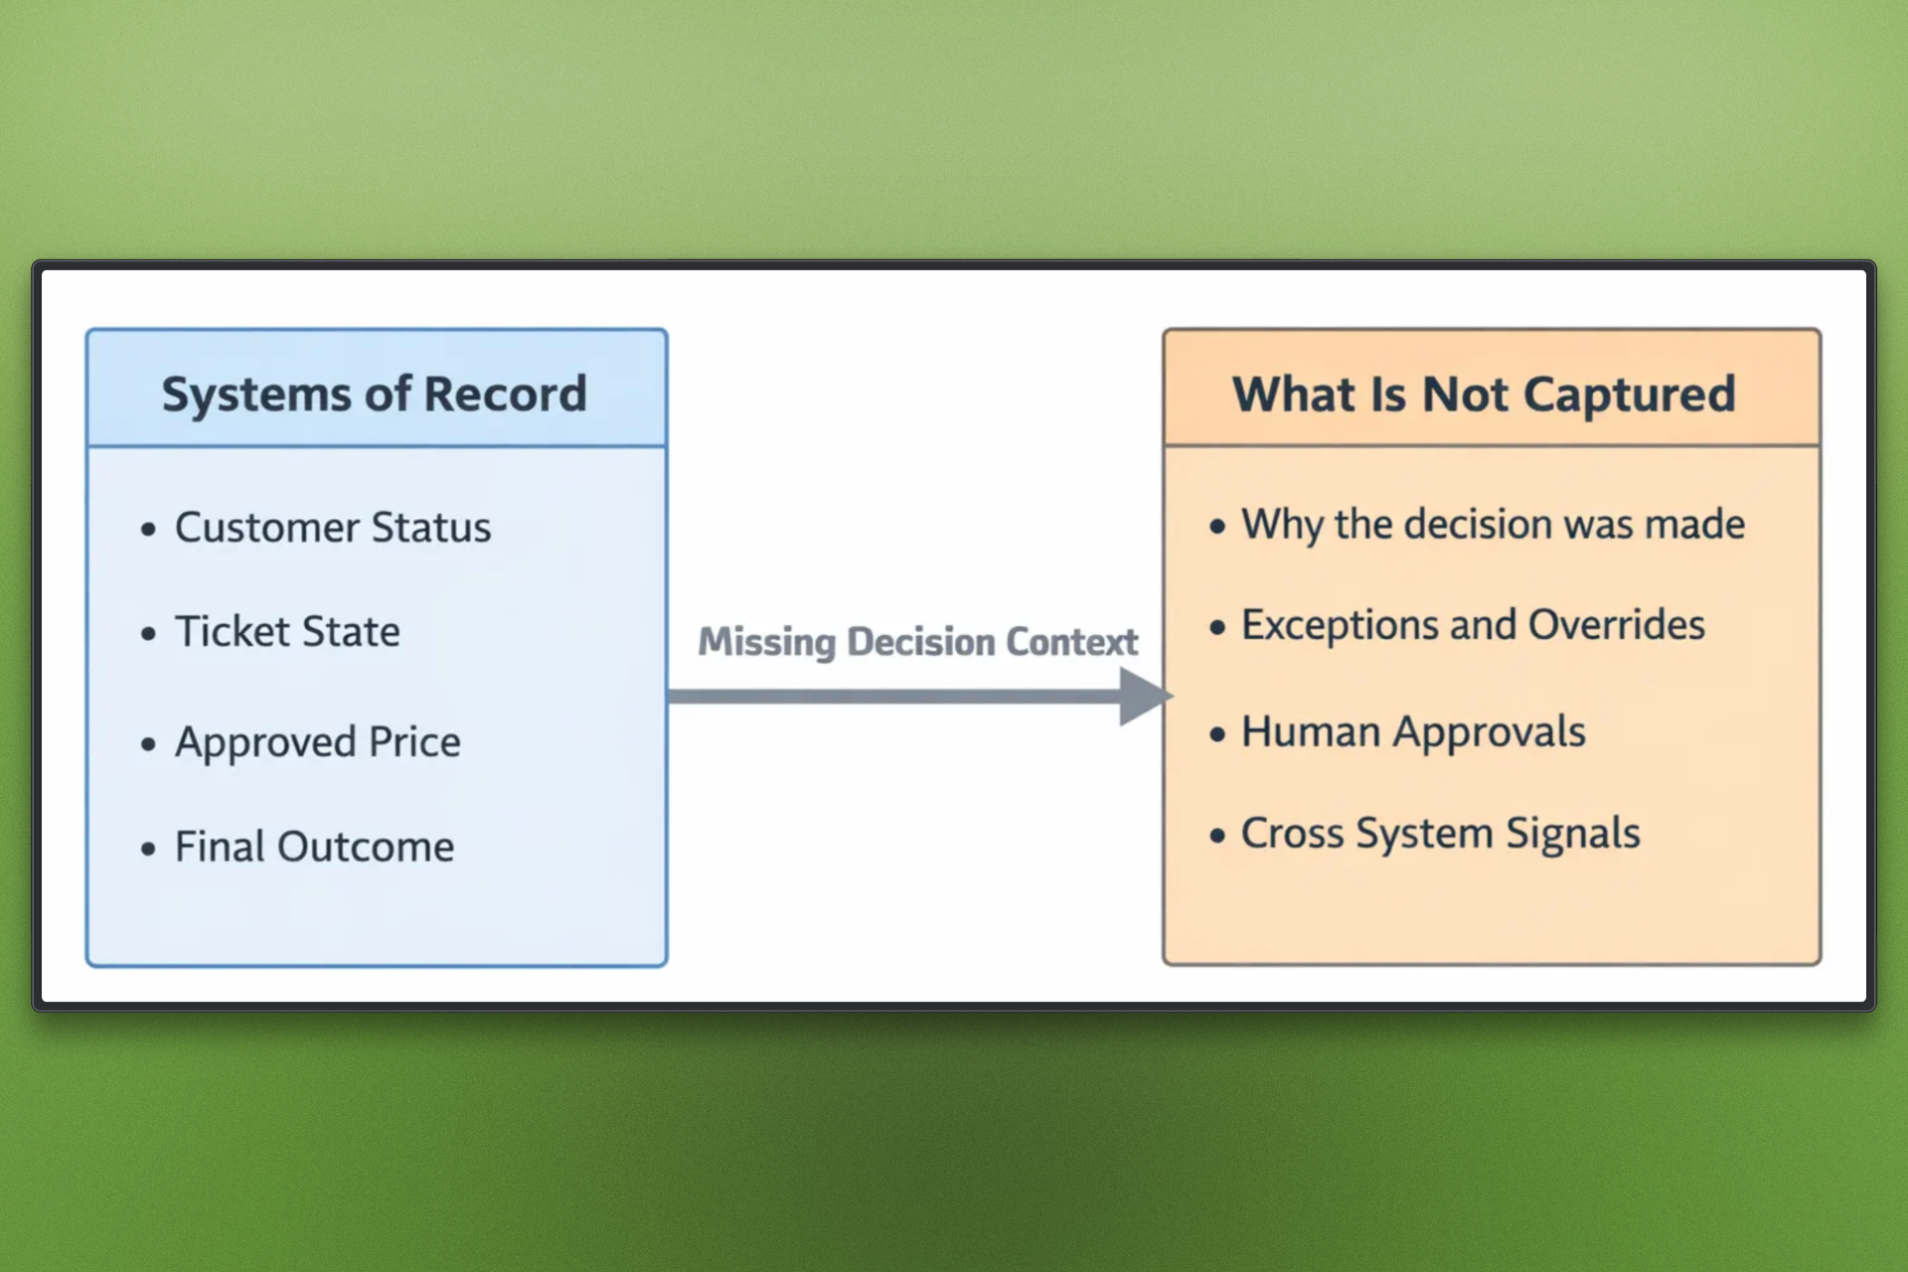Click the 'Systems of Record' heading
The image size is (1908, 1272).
pyautogui.click(x=375, y=395)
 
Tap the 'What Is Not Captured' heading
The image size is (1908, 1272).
pyautogui.click(x=1484, y=395)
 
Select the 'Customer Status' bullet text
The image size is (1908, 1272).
pyautogui.click(x=333, y=527)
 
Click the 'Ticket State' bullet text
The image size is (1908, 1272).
pyautogui.click(x=287, y=631)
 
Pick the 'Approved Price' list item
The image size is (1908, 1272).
pyautogui.click(x=318, y=742)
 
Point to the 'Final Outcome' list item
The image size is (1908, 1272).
pyautogui.click(x=315, y=847)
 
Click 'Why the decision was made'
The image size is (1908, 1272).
pyautogui.click(x=1494, y=525)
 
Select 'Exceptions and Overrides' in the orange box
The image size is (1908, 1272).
pyautogui.click(x=1474, y=625)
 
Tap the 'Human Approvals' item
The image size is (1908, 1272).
pyautogui.click(x=1414, y=732)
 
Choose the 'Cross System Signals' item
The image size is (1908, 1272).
pyautogui.click(x=1441, y=833)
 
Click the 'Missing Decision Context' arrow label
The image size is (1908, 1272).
pyautogui.click(x=918, y=643)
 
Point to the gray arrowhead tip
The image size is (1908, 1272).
pyautogui.click(x=1173, y=696)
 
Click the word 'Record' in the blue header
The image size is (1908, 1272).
pyautogui.click(x=506, y=395)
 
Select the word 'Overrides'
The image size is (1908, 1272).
pyautogui.click(x=1617, y=625)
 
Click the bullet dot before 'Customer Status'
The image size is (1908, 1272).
pyautogui.click(x=149, y=529)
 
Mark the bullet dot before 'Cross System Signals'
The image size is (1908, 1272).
pyautogui.click(x=1217, y=835)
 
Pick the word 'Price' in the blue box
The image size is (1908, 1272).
pyautogui.click(x=415, y=742)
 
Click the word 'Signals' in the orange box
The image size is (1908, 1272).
pyautogui.click(x=1573, y=833)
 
